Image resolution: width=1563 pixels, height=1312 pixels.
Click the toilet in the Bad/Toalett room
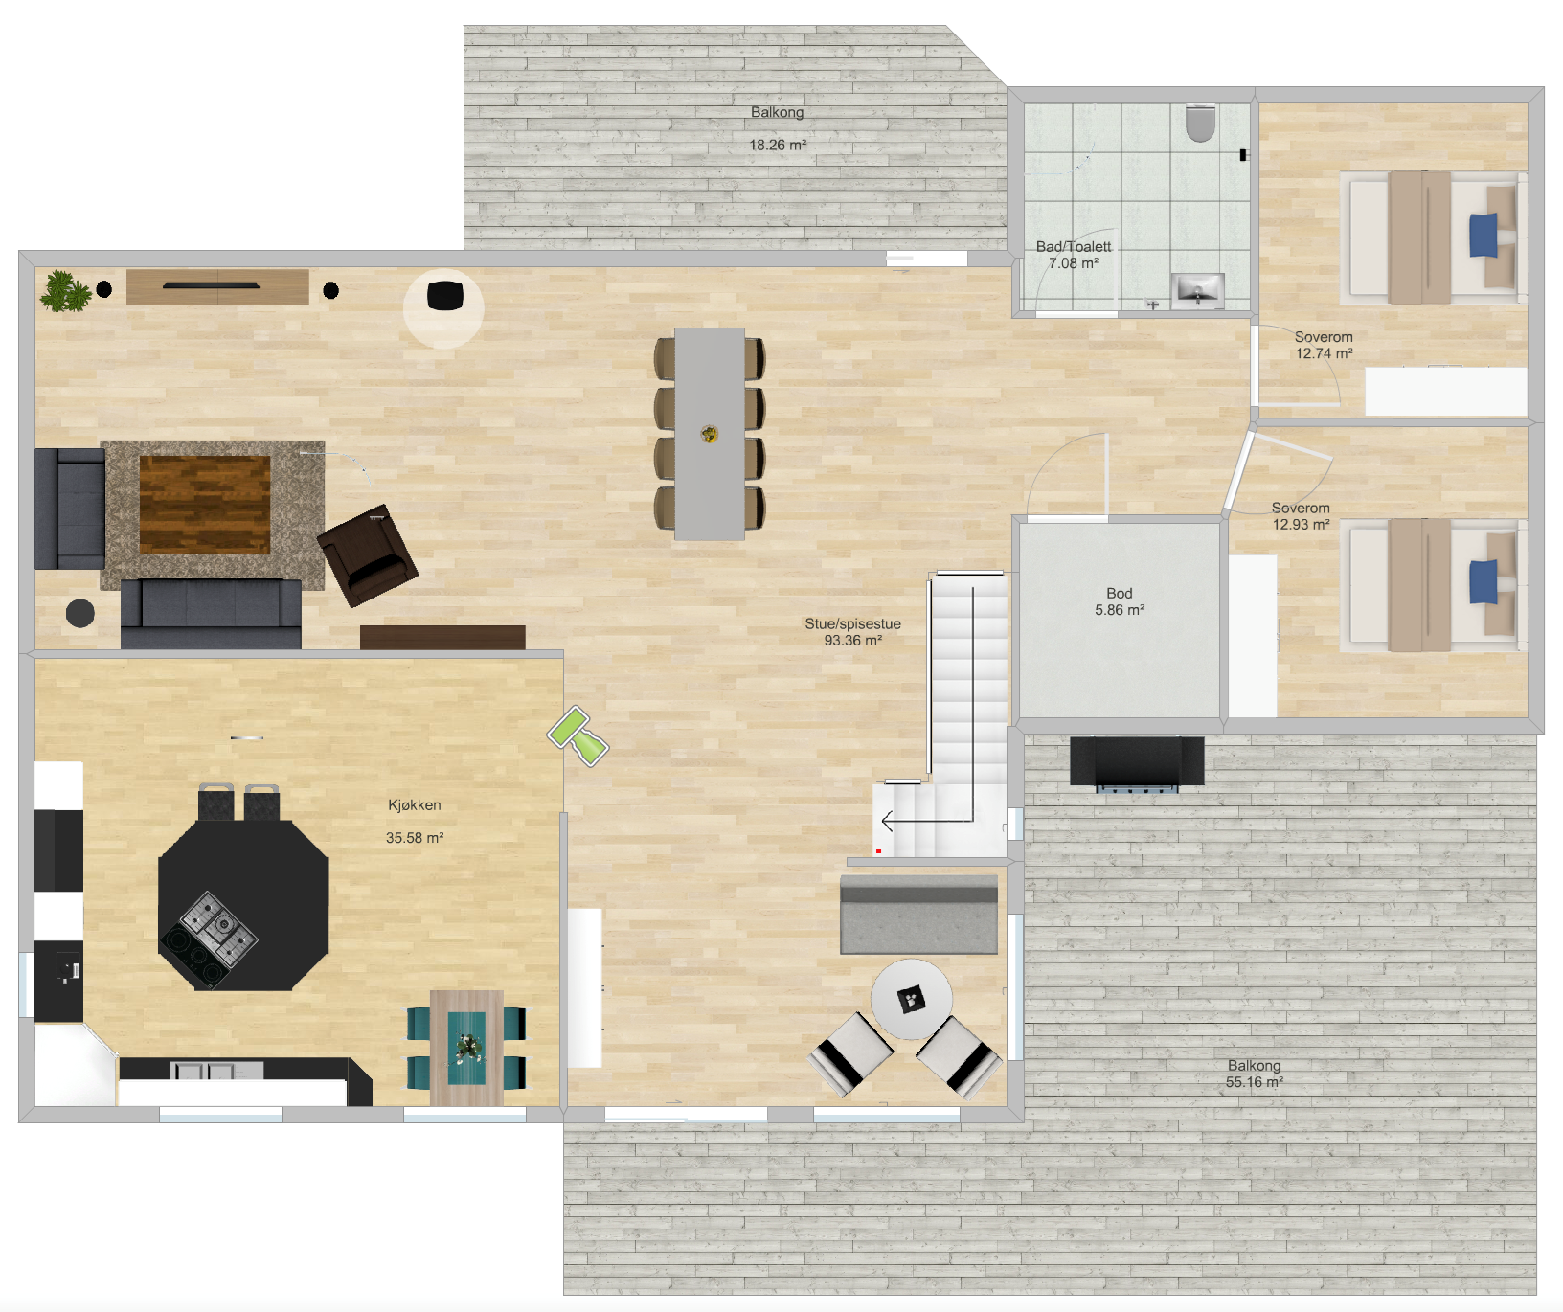1200,123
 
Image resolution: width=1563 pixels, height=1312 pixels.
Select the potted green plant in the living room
65,291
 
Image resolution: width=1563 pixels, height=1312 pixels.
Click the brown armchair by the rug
368,555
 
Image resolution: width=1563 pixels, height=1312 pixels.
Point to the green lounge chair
578,735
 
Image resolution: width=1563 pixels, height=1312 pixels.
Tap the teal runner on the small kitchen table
466,1048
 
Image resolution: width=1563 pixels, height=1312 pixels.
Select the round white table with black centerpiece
911,1000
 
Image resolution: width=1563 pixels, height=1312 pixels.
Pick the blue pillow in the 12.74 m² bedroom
1484,235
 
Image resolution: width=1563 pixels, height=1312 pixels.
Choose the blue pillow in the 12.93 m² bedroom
1484,581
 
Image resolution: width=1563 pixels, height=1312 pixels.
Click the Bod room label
1120,594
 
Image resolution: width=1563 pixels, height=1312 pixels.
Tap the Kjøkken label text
415,805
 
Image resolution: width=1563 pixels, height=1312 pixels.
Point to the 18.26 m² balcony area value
778,146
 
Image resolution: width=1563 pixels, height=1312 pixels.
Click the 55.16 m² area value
1255,1082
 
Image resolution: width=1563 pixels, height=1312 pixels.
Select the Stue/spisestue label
852,624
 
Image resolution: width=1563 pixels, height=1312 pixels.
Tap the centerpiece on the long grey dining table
710,434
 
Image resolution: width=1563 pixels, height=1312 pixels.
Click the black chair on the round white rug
444,296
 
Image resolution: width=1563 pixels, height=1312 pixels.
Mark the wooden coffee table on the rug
205,505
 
